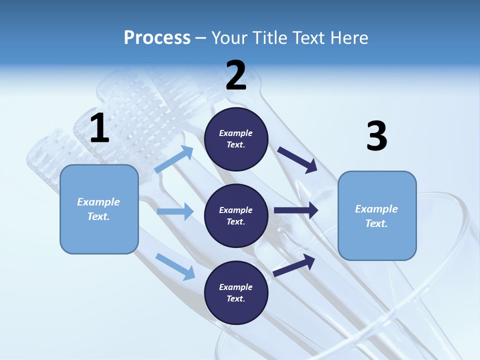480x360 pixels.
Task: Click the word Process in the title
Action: click(x=157, y=38)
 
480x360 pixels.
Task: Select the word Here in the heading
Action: click(x=347, y=38)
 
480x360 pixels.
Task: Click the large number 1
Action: click(x=99, y=128)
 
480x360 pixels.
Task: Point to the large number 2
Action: click(x=236, y=75)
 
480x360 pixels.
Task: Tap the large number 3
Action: click(x=376, y=136)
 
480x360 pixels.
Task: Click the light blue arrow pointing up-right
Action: click(x=174, y=159)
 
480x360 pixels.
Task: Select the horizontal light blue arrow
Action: click(x=175, y=211)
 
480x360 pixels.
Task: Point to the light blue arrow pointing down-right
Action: click(x=175, y=266)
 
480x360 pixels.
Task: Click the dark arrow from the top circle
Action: click(x=297, y=159)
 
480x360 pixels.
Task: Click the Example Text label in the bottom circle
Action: click(x=236, y=293)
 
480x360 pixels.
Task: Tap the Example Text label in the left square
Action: click(x=98, y=209)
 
